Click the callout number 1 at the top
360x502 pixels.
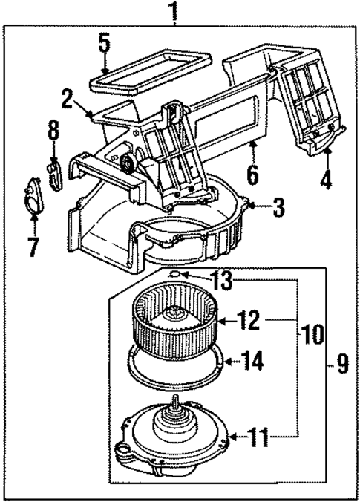174,12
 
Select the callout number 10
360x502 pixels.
312,333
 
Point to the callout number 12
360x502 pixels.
249,322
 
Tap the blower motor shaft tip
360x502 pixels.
176,399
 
